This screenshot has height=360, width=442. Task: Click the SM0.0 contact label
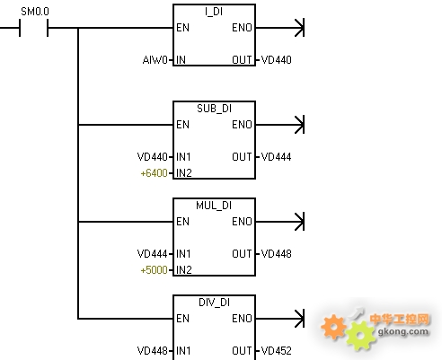35,12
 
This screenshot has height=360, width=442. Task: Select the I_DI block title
214,12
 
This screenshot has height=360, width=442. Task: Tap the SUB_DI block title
214,109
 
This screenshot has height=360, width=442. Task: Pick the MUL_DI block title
214,206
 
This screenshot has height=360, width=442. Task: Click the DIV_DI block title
214,303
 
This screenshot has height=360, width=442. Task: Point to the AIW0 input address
155,60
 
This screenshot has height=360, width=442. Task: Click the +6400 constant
154,173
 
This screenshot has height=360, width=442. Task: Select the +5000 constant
154,270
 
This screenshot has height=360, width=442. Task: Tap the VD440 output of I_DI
276,60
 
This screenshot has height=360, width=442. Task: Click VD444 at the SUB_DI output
276,157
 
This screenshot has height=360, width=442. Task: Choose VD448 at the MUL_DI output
276,254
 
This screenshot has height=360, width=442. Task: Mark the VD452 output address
276,351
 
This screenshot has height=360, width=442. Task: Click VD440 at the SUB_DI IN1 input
152,157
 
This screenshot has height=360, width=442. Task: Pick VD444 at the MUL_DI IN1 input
152,254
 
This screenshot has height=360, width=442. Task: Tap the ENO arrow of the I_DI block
280,28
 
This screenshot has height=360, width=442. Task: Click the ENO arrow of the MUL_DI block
280,222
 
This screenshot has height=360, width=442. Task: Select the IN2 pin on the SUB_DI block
183,173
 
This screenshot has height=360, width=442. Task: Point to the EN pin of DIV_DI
182,319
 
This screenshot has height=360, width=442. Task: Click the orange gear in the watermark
333,327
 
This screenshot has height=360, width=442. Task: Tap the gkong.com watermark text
402,331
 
